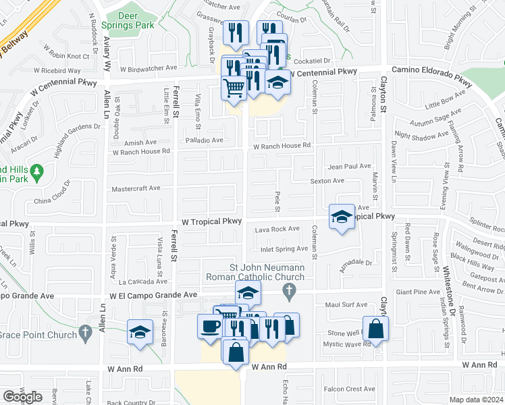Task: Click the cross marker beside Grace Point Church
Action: (84, 331)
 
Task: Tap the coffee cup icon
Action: (209, 326)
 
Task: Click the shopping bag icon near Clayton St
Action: (376, 329)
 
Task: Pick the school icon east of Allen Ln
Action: (140, 332)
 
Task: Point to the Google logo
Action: (22, 397)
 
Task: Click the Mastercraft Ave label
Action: (136, 188)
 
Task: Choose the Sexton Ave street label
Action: (327, 181)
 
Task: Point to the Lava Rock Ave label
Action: (277, 229)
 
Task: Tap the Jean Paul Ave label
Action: (349, 166)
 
